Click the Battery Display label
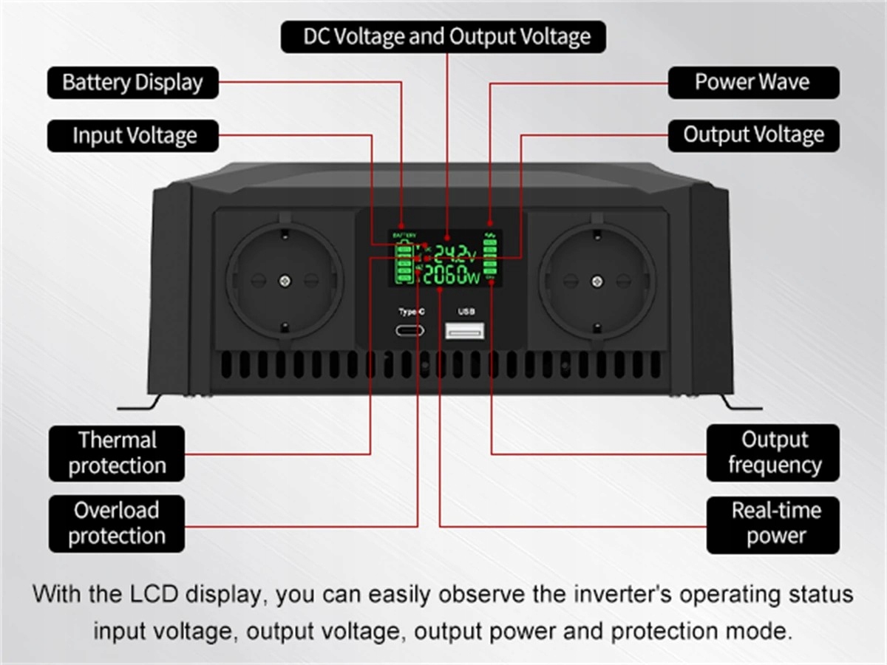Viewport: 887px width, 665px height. tap(133, 82)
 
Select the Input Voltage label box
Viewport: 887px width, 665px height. tap(133, 136)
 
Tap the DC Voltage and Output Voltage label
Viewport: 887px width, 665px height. tap(443, 37)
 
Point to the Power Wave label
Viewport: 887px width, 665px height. tap(753, 82)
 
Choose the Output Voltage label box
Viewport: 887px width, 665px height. tap(753, 136)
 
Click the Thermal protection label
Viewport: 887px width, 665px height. tap(117, 453)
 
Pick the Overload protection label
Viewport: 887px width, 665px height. tap(117, 523)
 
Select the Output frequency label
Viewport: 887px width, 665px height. tap(773, 452)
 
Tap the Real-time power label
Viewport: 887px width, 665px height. tap(773, 523)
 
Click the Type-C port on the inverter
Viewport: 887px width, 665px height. tap(412, 330)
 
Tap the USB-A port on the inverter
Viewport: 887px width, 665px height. tap(465, 330)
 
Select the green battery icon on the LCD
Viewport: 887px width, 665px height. tap(404, 264)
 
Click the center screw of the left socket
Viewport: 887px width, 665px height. tap(285, 281)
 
